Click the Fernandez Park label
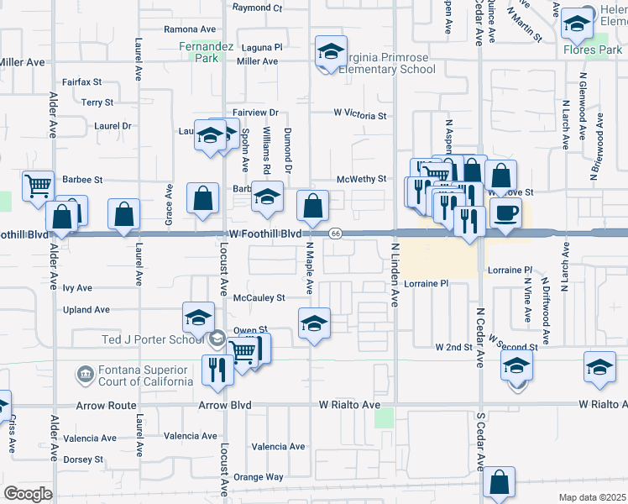pyautogui.click(x=198, y=52)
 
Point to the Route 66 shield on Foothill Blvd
pyautogui.click(x=335, y=233)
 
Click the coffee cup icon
pyautogui.click(x=505, y=213)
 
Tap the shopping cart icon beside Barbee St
pyautogui.click(x=37, y=186)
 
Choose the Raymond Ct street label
pyautogui.click(x=257, y=8)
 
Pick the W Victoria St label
pyautogui.click(x=359, y=115)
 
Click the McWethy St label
pyautogui.click(x=361, y=179)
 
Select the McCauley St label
pyautogui.click(x=259, y=297)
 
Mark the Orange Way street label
pyautogui.click(x=258, y=477)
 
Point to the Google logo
pyautogui.click(x=27, y=494)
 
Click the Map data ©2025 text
pyautogui.click(x=591, y=497)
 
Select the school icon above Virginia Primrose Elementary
pyautogui.click(x=331, y=52)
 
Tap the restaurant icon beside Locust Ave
pyautogui.click(x=217, y=369)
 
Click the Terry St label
pyautogui.click(x=97, y=102)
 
